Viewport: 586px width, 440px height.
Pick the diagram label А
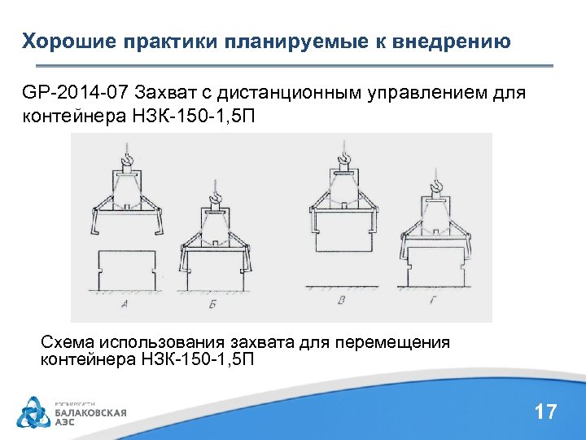click(x=125, y=305)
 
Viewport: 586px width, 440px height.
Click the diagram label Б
click(x=213, y=306)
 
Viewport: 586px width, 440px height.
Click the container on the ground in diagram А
click(x=125, y=269)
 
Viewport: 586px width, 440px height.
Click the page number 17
click(x=545, y=411)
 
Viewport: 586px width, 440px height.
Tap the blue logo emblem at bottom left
click(x=33, y=411)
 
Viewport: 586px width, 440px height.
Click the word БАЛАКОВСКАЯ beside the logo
click(x=90, y=412)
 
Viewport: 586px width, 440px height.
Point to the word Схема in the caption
click(x=69, y=342)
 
